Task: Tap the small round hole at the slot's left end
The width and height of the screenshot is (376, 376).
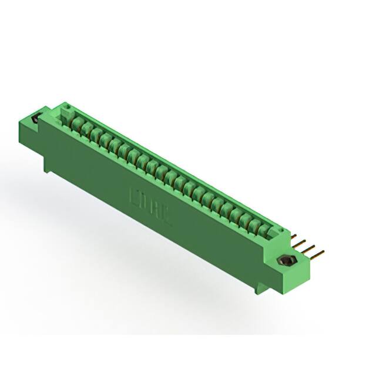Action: tap(66, 108)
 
